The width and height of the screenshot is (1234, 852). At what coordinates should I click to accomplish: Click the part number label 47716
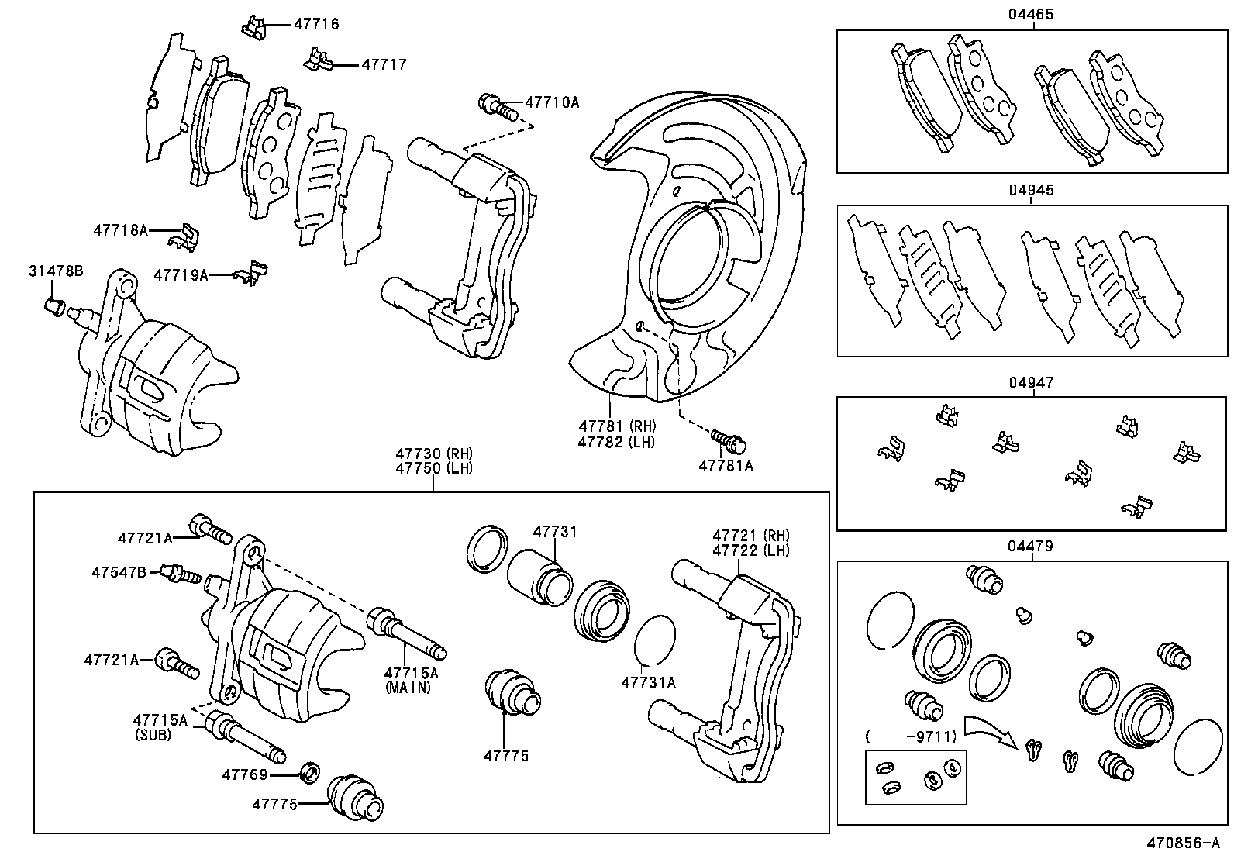click(316, 24)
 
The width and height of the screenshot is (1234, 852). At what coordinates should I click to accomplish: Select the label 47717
click(384, 65)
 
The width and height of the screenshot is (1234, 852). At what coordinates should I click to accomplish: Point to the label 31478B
click(56, 271)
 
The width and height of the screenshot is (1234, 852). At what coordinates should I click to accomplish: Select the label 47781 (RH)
click(616, 426)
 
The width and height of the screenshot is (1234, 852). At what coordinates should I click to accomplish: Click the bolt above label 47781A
click(729, 442)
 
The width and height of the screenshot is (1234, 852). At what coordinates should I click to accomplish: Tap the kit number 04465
click(1031, 14)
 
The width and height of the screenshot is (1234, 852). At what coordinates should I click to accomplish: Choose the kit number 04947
click(1031, 382)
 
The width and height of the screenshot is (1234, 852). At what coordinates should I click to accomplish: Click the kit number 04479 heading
click(1031, 546)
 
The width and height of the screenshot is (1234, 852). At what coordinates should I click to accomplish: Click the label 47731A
click(649, 683)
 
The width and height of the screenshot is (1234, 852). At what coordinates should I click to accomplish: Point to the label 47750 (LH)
click(433, 468)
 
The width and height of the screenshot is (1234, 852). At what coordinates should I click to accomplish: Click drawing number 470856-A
click(1183, 842)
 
